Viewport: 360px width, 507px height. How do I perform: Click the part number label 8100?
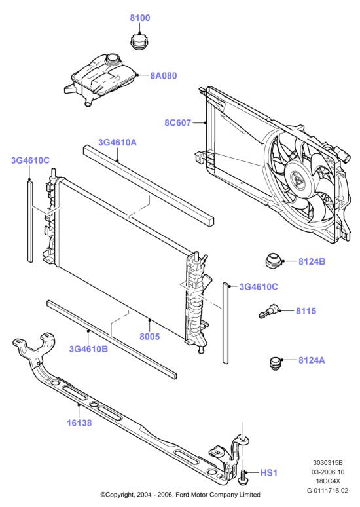(x=140, y=18)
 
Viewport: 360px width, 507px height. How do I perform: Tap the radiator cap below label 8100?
(x=139, y=42)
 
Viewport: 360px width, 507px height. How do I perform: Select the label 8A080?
(x=164, y=76)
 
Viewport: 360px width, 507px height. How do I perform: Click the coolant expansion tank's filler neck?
(x=113, y=60)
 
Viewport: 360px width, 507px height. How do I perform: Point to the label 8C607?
(x=178, y=123)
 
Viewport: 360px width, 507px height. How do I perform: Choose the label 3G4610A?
(x=117, y=142)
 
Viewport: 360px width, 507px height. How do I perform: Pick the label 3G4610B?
(x=88, y=349)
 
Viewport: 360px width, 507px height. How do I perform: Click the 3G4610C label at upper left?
(x=30, y=160)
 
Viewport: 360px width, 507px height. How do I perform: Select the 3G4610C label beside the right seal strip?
(x=259, y=287)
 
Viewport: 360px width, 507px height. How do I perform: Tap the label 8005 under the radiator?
(x=150, y=337)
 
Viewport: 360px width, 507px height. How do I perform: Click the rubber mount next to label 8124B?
(x=273, y=261)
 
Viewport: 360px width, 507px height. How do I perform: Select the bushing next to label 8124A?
(x=275, y=363)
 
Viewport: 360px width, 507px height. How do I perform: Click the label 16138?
(x=79, y=423)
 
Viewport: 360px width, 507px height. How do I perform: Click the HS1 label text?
(x=269, y=473)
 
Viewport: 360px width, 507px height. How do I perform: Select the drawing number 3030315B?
(x=327, y=463)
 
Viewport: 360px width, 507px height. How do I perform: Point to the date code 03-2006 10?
(x=328, y=472)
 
